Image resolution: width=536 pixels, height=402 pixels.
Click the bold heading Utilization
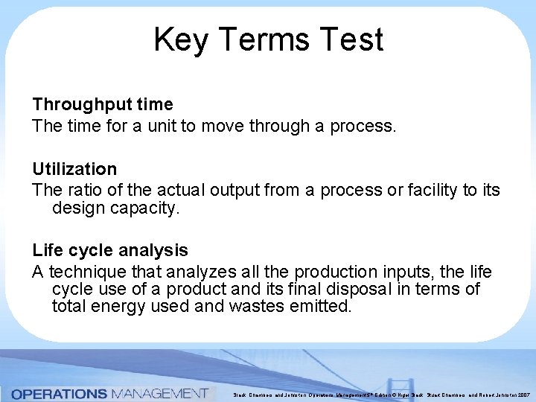(74, 170)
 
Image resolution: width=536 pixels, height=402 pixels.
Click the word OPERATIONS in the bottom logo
(59, 393)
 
